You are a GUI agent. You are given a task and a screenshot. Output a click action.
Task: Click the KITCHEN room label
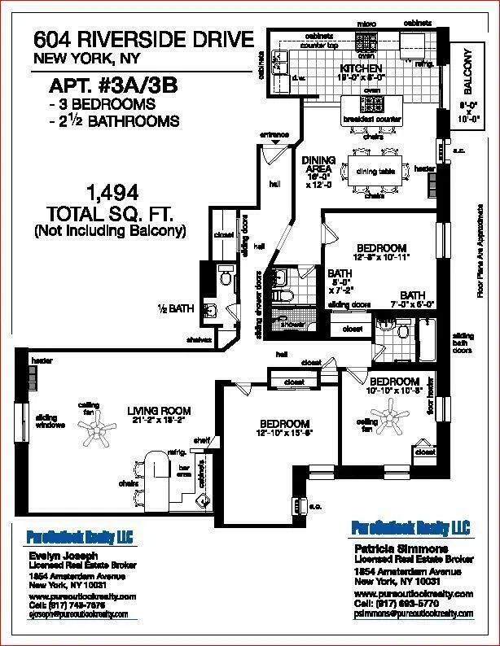(x=362, y=68)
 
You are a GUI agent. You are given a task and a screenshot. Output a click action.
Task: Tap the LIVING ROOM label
(x=158, y=411)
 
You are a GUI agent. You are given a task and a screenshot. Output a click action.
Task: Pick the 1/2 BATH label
(x=175, y=308)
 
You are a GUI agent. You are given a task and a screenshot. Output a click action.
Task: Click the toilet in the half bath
(x=226, y=278)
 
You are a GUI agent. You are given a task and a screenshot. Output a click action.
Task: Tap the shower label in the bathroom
(x=292, y=323)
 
